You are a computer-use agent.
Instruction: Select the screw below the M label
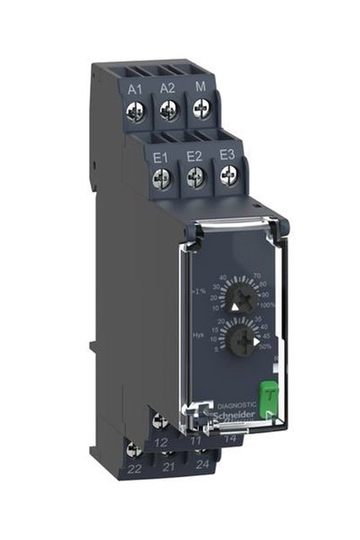[x=201, y=108]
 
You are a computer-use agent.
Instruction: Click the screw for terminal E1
[x=163, y=179]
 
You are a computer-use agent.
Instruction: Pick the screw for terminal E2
[x=194, y=179]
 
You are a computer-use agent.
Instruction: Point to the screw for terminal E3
[x=228, y=177]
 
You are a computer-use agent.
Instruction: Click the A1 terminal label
[x=136, y=88]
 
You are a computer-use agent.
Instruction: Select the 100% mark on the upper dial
[x=267, y=307]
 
